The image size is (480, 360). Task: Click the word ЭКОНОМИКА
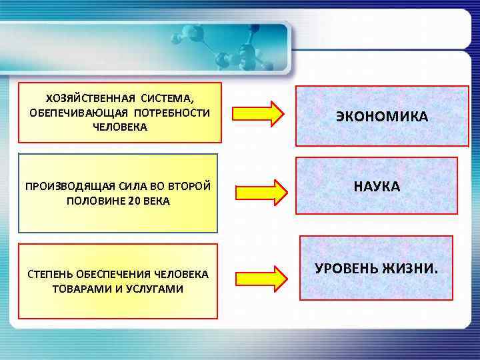click(x=382, y=117)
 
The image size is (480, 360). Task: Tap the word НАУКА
click(x=377, y=187)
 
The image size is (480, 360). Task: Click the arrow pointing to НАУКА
click(x=261, y=191)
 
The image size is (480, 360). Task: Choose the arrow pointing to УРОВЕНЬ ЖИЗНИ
click(x=261, y=279)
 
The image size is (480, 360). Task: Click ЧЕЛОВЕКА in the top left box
click(x=121, y=126)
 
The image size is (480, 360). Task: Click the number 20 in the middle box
click(x=135, y=201)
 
